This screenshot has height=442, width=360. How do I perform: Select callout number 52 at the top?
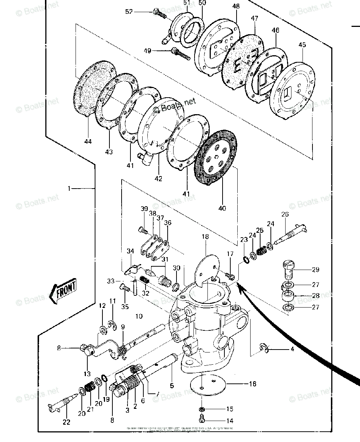pyautogui.click(x=129, y=12)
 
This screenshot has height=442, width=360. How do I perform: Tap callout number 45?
pyautogui.click(x=302, y=45)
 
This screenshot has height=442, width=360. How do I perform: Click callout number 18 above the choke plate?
pyautogui.click(x=205, y=237)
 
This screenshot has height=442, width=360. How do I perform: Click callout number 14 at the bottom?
pyautogui.click(x=230, y=421)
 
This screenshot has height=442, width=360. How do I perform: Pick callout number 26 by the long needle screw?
pyautogui.click(x=285, y=214)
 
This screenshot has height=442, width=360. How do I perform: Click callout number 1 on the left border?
pyautogui.click(x=69, y=189)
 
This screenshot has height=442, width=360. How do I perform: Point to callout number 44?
pyautogui.click(x=88, y=141)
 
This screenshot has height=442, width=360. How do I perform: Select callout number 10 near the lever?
pyautogui.click(x=139, y=316)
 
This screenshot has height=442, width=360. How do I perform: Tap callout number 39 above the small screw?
pyautogui.click(x=144, y=209)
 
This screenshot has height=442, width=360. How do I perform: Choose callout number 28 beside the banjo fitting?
pyautogui.click(x=315, y=295)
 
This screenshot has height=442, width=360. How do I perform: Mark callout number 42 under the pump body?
pyautogui.click(x=158, y=179)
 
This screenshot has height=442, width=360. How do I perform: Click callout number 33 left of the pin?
pyautogui.click(x=111, y=281)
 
